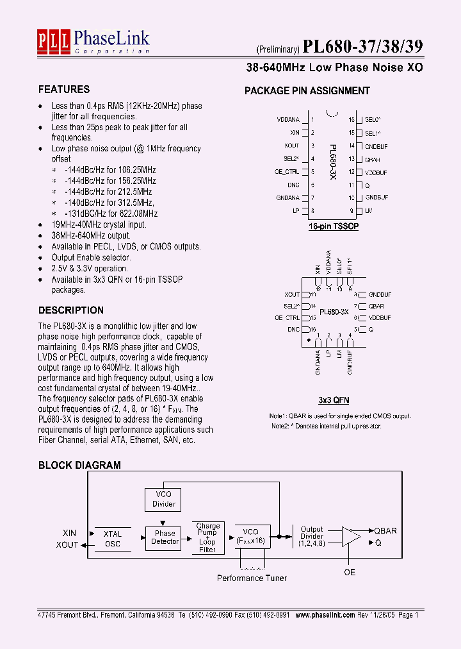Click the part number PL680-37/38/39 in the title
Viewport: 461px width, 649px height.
[x=362, y=47]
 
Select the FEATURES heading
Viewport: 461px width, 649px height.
[x=64, y=89]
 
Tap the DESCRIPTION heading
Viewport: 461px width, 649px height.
[x=71, y=310]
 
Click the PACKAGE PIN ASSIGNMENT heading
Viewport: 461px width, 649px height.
[x=307, y=91]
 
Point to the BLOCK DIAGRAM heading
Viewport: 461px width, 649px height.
[x=79, y=465]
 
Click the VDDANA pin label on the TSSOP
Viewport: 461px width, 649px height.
[x=288, y=119]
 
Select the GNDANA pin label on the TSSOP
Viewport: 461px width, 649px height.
[x=287, y=198]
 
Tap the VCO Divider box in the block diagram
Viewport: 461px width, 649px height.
[x=163, y=499]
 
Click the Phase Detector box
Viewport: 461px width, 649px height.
[x=165, y=537]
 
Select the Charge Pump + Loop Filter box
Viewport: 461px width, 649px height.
[x=207, y=538]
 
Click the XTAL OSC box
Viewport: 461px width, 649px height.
[x=112, y=539]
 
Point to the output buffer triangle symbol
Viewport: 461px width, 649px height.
[x=350, y=537]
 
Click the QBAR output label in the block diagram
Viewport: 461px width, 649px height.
[x=385, y=531]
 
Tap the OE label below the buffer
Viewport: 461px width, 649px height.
[x=350, y=572]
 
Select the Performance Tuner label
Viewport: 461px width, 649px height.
[x=252, y=578]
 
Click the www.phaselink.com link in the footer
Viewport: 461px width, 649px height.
[x=324, y=614]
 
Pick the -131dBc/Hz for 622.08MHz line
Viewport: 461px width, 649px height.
[x=111, y=214]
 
